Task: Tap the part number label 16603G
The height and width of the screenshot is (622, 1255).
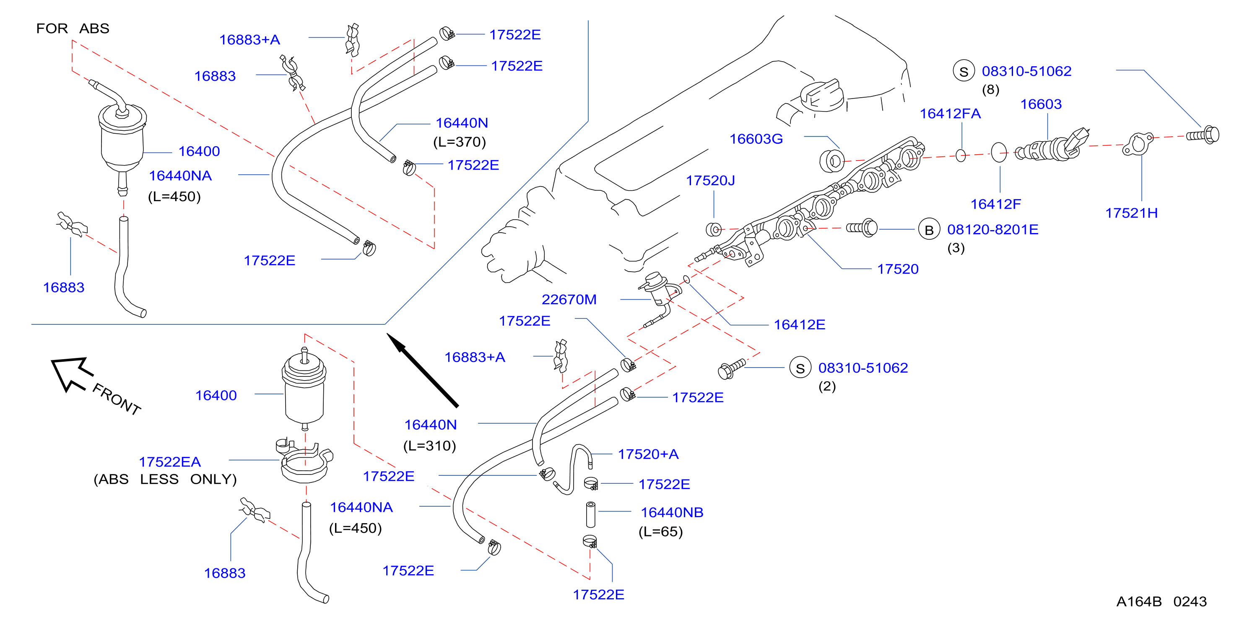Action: point(756,139)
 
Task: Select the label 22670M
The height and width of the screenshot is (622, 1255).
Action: point(569,299)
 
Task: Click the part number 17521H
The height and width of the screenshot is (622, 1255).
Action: point(1131,213)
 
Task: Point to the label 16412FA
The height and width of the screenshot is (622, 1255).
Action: point(950,114)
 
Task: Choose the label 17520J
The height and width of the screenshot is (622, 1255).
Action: point(710,181)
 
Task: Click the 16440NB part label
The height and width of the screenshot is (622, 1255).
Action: point(672,513)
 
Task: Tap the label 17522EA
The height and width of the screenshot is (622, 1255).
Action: point(169,462)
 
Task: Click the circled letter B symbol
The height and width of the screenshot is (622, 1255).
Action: point(929,229)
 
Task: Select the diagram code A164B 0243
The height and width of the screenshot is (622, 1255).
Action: point(1161,601)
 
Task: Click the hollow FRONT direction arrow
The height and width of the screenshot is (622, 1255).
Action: point(72,373)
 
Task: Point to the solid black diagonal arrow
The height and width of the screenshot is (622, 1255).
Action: point(422,370)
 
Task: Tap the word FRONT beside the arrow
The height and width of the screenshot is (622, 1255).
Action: point(117,399)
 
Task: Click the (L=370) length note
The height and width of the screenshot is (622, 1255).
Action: point(460,142)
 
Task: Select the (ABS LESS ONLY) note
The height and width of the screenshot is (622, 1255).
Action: point(165,479)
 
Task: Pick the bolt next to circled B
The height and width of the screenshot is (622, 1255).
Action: point(862,228)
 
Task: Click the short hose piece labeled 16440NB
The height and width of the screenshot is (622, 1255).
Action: point(590,514)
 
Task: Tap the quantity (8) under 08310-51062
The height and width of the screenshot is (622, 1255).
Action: point(990,90)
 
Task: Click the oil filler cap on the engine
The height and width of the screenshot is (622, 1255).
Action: point(822,95)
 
